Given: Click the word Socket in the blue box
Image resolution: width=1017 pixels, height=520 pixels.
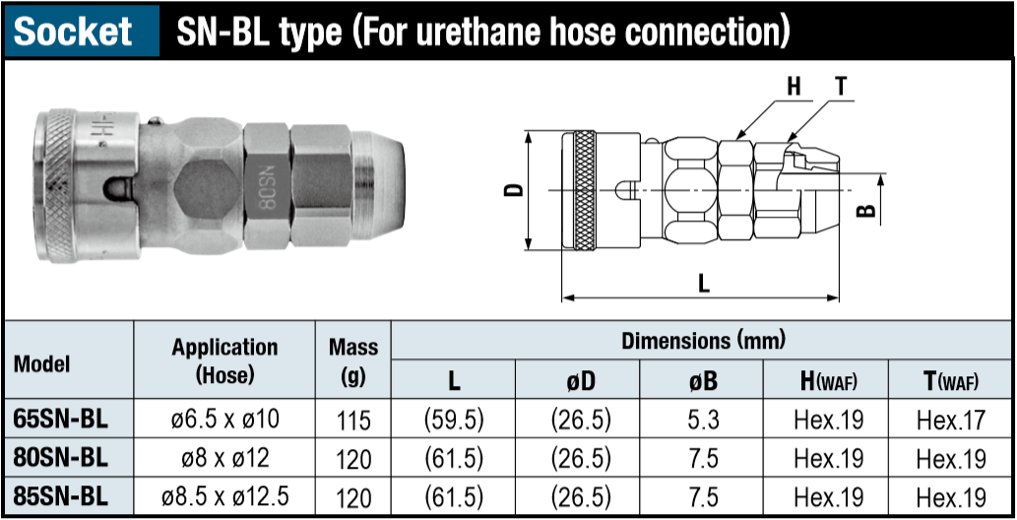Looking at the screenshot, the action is [x=73, y=31].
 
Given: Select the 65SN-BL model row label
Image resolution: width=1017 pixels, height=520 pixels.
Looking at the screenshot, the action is [x=60, y=420].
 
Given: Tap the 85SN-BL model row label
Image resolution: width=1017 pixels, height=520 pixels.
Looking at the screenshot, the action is [x=60, y=496].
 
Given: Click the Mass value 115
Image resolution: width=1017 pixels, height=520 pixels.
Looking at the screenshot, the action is [x=353, y=421].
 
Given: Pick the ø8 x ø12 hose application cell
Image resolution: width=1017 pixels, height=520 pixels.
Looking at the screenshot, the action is [x=224, y=458].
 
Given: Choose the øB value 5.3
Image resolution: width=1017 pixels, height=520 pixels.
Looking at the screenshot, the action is [x=701, y=420].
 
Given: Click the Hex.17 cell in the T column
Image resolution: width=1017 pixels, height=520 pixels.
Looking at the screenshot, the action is [x=951, y=420].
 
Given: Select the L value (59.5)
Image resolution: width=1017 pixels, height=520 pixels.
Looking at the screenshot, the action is [x=454, y=420].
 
